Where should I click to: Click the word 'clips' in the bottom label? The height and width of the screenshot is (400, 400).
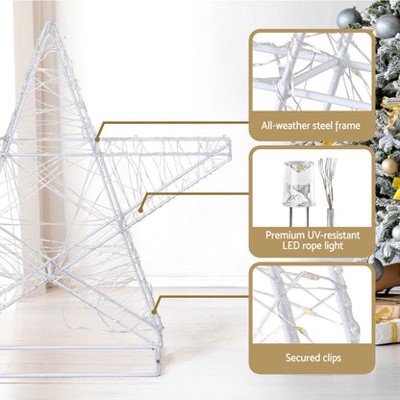[337, 357]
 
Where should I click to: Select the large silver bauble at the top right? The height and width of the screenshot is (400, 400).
[350, 16]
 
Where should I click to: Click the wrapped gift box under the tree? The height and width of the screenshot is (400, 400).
[387, 323]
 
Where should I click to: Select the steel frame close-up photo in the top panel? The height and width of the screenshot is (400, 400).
[312, 72]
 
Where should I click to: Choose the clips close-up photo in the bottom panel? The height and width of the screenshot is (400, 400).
[312, 304]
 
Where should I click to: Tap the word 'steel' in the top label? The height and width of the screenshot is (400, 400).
[323, 125]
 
